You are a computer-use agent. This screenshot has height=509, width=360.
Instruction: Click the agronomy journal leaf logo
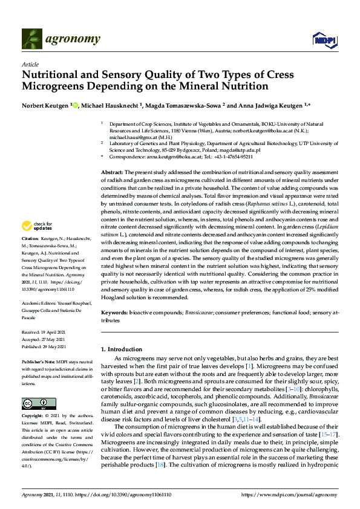click(x=31, y=39)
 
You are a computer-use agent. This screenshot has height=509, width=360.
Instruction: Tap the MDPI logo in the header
click(x=324, y=40)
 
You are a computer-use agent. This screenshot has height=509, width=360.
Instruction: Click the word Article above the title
click(x=30, y=64)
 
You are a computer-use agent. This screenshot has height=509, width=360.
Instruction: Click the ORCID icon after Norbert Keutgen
click(x=76, y=105)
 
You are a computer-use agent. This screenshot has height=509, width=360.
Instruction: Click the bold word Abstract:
click(x=113, y=173)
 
